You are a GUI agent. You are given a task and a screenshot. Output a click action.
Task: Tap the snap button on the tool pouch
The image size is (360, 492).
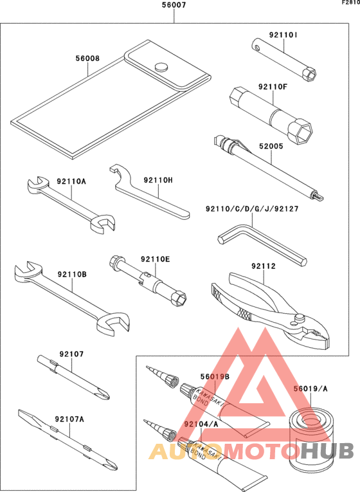click(x=161, y=66)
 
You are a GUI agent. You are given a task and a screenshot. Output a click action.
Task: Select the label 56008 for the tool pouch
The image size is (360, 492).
click(x=87, y=58)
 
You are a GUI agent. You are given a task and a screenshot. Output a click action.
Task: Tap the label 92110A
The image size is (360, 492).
click(x=71, y=182)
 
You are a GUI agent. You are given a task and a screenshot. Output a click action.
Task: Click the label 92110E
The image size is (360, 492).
click(x=155, y=259)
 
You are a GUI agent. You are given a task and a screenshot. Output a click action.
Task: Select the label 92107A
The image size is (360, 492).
click(x=71, y=419)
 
